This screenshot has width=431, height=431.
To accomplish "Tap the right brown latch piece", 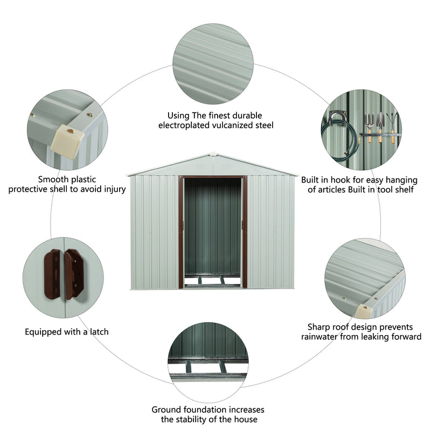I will [74, 273].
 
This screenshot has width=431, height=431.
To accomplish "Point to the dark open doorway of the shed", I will [213, 226].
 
